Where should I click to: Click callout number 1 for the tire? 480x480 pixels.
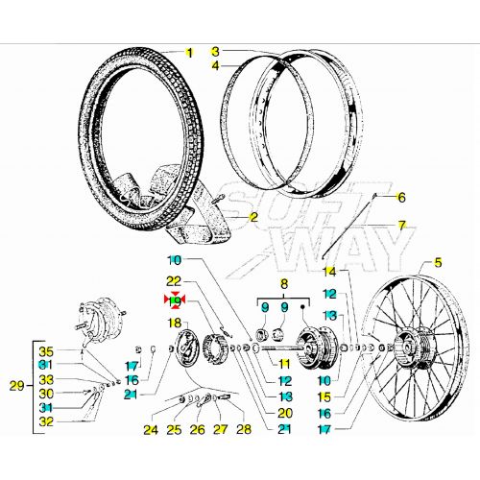click(189, 52)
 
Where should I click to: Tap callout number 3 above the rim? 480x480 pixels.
click(215, 52)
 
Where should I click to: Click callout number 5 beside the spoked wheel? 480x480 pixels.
click(439, 262)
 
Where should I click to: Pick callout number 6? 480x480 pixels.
click(401, 197)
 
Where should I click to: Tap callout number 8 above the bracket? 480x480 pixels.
click(283, 284)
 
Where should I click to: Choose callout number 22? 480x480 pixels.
click(174, 280)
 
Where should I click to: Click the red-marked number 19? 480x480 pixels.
click(174, 300)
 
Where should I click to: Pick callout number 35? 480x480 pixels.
click(44, 350)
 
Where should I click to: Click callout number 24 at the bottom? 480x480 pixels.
click(150, 429)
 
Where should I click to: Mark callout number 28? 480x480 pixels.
click(242, 429)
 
